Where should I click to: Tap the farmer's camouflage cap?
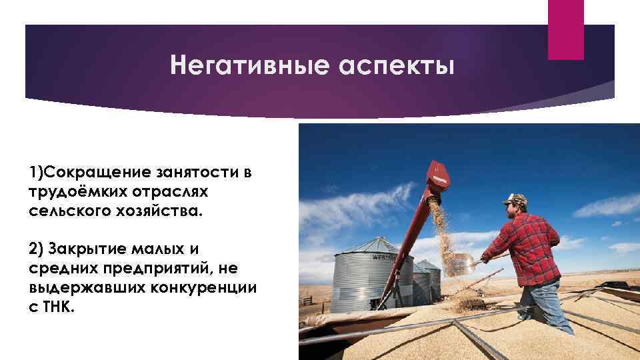[x=515, y=199]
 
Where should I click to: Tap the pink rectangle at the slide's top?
[x=565, y=29]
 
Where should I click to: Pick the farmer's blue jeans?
[x=545, y=303]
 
